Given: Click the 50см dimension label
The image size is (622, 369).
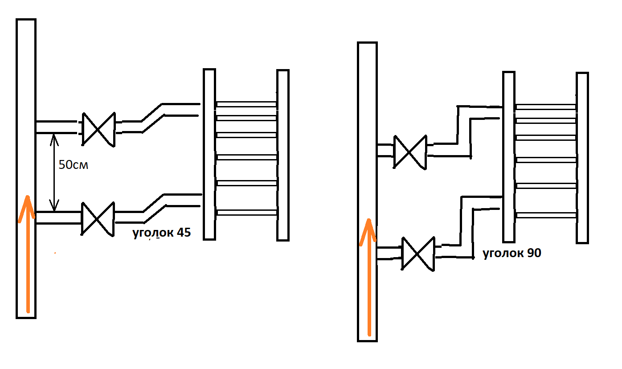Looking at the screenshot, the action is [x=74, y=165].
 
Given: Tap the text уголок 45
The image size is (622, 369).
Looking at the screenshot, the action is [x=162, y=233].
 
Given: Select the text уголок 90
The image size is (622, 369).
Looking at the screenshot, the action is [x=512, y=253].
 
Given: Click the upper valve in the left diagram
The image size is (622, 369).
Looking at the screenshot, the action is [x=98, y=129].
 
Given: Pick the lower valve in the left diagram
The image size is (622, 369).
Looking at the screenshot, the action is [x=98, y=219].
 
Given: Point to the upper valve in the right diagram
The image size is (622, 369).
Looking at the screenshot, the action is [x=410, y=152].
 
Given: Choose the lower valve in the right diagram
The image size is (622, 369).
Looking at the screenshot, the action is [x=418, y=254].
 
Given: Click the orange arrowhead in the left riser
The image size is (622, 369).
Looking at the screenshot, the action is [x=27, y=208].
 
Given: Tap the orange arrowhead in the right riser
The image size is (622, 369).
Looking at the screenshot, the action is [x=368, y=232].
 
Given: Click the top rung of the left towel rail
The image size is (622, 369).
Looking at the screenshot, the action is [x=246, y=104].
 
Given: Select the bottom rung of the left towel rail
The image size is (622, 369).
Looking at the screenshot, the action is [x=246, y=213].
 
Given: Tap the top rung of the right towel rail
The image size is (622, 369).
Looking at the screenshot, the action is [x=546, y=107].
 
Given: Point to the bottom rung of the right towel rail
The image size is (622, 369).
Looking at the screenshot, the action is [x=546, y=215].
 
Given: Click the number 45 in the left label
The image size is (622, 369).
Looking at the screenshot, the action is [x=184, y=233].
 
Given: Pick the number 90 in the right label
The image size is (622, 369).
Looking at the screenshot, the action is [x=534, y=253].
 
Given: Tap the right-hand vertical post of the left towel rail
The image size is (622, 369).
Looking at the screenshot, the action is [x=283, y=155].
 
